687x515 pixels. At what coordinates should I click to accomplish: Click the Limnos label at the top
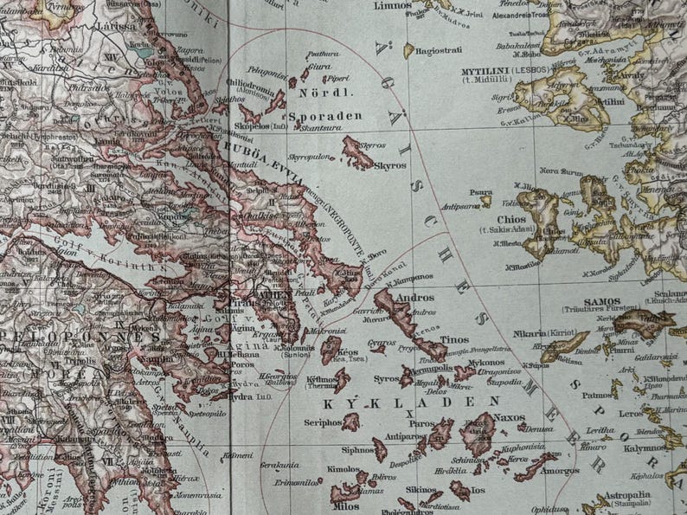click(x=392, y=5)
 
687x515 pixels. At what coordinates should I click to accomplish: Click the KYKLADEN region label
click(x=412, y=402)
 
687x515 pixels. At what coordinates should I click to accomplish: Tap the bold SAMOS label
click(x=602, y=301)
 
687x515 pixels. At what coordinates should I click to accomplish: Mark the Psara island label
click(x=482, y=192)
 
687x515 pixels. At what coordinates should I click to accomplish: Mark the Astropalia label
click(x=628, y=494)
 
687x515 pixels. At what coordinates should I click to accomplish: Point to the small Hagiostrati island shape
click(x=408, y=51)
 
